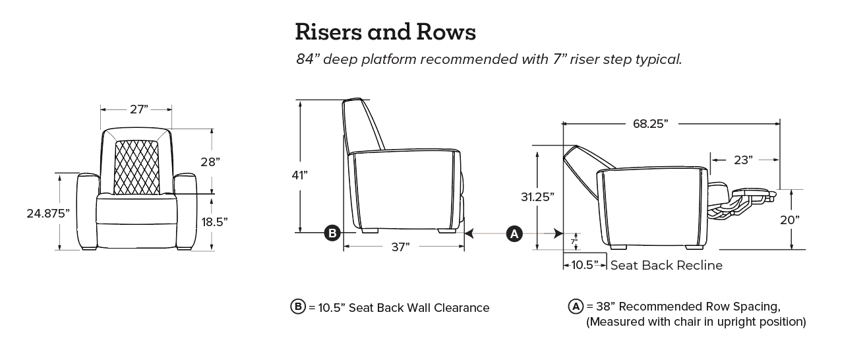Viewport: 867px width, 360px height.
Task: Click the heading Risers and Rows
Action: (385, 31)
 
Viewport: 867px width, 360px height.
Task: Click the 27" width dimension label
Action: (138, 109)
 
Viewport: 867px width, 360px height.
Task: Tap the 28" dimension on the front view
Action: (210, 162)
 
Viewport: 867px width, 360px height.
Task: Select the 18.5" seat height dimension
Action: (214, 222)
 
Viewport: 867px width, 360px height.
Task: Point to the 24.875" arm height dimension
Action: (48, 212)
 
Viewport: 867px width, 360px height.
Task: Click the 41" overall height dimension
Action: (300, 175)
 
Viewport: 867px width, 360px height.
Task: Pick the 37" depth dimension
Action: (400, 246)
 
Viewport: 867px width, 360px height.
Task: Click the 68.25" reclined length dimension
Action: (650, 123)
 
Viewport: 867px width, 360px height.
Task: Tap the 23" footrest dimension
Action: (742, 159)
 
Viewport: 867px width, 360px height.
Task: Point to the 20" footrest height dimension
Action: (789, 220)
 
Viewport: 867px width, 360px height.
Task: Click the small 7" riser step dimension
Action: (574, 242)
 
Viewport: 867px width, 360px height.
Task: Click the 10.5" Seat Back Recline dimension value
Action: (584, 265)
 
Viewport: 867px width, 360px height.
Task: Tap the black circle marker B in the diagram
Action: (332, 233)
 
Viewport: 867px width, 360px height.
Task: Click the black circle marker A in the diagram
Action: (514, 233)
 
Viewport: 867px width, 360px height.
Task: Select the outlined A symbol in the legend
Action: (576, 307)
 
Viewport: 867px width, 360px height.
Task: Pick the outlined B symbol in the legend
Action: (298, 307)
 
